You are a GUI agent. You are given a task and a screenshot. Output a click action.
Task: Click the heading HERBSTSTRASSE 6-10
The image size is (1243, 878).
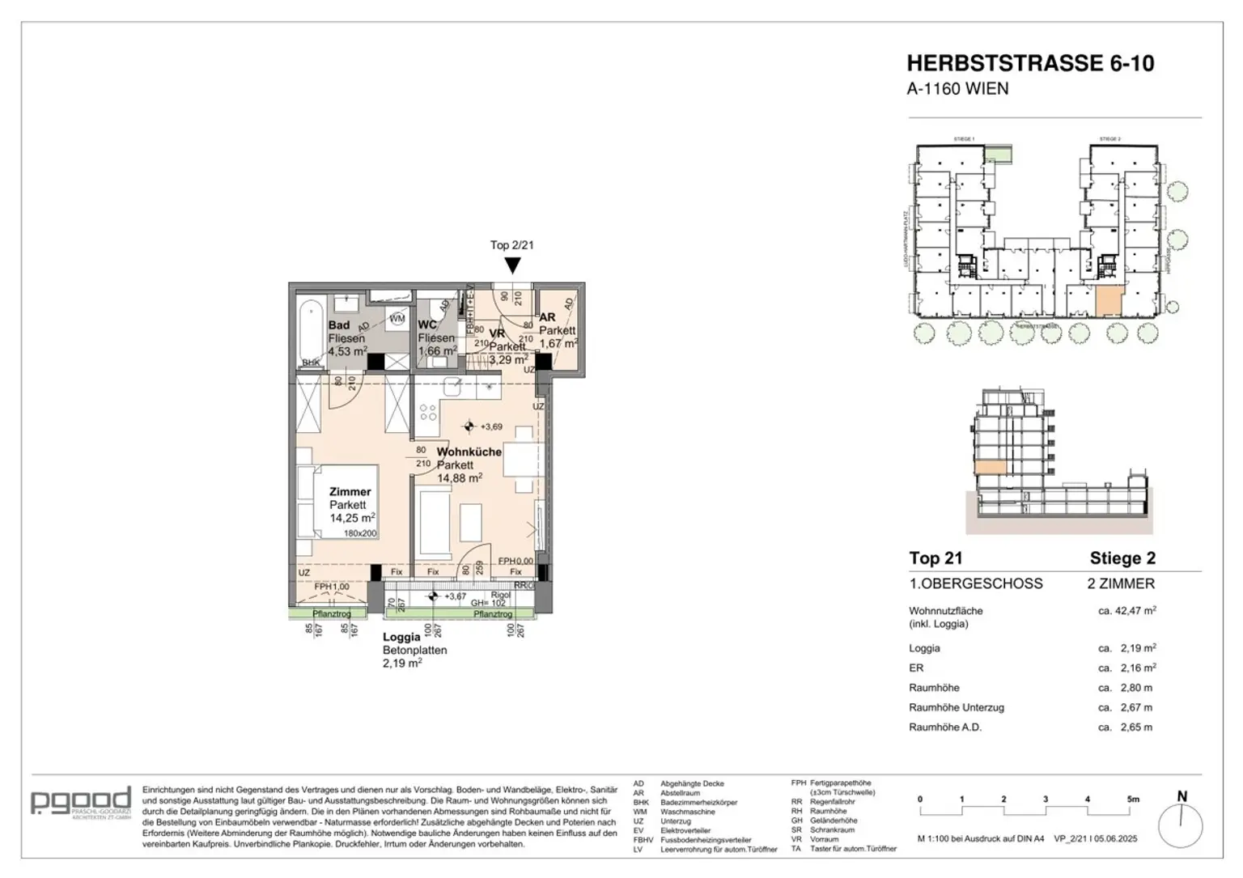point(1030,63)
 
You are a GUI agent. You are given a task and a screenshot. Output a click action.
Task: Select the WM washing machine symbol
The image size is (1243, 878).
point(397,319)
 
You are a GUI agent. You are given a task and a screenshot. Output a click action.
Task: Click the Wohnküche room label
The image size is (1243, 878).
point(469,452)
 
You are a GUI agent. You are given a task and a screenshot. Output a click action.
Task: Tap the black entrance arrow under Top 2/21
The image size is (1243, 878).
point(512,265)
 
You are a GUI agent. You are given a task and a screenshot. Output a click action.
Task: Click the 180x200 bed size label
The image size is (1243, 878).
point(360,533)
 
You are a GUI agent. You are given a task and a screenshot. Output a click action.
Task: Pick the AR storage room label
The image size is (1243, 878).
point(547,317)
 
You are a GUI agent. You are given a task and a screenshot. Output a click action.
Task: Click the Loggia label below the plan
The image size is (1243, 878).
point(401,637)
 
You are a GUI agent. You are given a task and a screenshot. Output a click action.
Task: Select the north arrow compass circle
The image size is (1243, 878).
point(1181,826)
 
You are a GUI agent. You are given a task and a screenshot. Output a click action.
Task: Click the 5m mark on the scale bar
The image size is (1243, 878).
point(1132,800)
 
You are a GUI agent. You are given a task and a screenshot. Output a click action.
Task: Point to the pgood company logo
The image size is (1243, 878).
point(81,802)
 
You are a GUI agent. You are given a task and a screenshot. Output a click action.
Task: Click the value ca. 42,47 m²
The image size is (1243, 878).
point(1126,611)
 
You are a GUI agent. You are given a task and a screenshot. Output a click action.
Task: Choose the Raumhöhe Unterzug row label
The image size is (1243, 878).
point(957,707)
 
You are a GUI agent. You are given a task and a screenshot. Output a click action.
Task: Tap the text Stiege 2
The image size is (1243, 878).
point(1122,558)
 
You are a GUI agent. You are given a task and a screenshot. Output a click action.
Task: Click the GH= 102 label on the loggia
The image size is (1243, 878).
point(489,603)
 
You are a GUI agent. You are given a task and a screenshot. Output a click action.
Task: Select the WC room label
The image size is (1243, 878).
point(427,325)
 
